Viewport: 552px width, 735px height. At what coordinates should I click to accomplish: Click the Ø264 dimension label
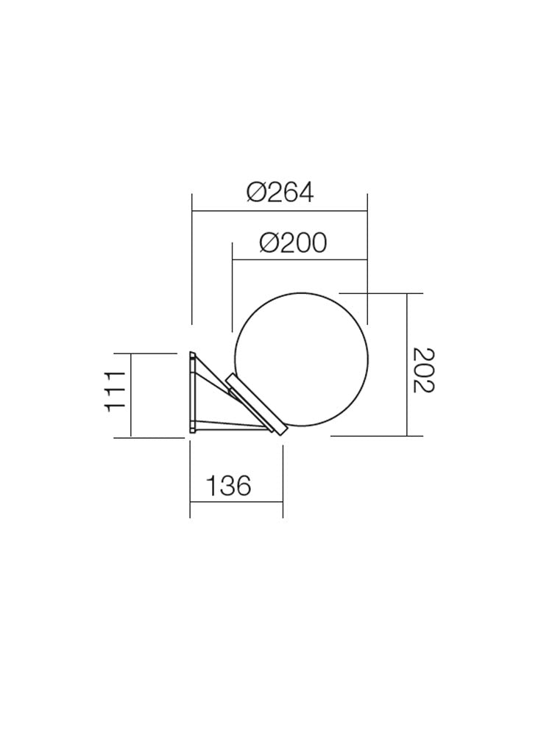(x=280, y=193)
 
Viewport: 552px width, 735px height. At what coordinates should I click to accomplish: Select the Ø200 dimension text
(x=293, y=243)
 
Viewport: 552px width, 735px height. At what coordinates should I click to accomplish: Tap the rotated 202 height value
(x=423, y=370)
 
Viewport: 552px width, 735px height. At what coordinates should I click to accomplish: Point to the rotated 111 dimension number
(x=116, y=391)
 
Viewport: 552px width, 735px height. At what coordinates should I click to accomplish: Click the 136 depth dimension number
(x=228, y=486)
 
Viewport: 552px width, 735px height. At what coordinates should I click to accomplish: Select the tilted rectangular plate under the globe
(x=255, y=406)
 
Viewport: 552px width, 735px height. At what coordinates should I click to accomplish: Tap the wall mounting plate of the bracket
(x=191, y=392)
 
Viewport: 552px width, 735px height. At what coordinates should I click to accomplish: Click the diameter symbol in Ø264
(x=255, y=193)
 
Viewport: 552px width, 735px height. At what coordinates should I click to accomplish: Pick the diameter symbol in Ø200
(x=269, y=243)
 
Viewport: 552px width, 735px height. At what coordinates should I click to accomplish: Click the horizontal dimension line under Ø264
(x=280, y=212)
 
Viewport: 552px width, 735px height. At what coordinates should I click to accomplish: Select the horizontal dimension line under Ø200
(x=299, y=259)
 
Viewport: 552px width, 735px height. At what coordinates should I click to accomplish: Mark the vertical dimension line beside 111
(x=130, y=395)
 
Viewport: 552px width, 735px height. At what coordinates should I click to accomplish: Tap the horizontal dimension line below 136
(x=236, y=502)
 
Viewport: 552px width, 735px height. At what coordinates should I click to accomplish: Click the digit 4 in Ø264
(x=305, y=193)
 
